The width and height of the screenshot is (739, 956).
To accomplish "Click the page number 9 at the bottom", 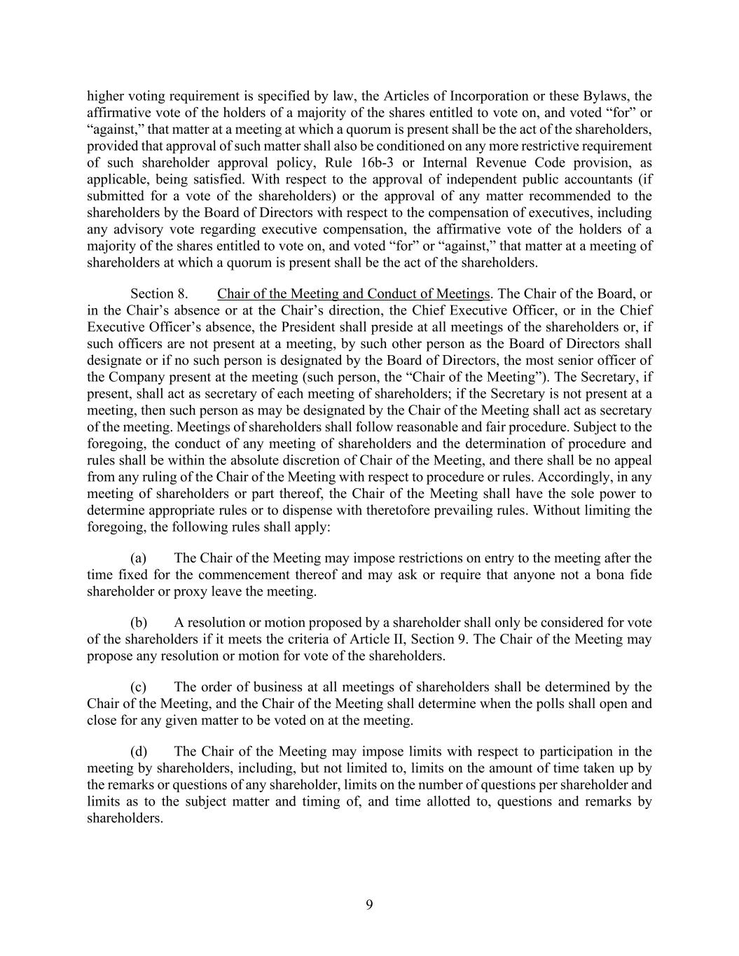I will point(369,904).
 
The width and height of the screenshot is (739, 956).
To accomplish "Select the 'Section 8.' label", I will point(159,293).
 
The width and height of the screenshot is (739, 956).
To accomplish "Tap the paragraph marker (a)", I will point(139,558).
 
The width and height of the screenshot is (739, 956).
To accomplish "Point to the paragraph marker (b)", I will point(139,623).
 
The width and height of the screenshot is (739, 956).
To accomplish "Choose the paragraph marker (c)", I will point(139,687).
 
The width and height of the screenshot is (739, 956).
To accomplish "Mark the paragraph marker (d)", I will point(139,751).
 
